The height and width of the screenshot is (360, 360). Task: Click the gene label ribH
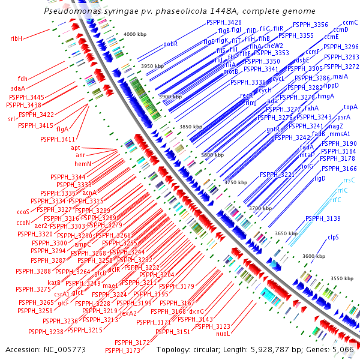pos(16,38)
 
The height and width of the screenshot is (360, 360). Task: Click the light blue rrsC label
pos(349,179)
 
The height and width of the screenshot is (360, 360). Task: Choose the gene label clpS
pos(334,237)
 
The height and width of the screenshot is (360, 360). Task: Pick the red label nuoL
pos(223,333)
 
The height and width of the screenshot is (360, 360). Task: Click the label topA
pos(351,107)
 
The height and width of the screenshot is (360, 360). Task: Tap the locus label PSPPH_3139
pos(326,218)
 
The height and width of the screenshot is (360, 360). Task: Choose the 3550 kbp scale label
pos(343,278)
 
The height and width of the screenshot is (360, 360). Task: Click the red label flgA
pos(62,128)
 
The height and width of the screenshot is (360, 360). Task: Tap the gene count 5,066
pos(343,349)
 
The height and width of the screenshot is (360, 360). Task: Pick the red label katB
pos(54,282)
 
